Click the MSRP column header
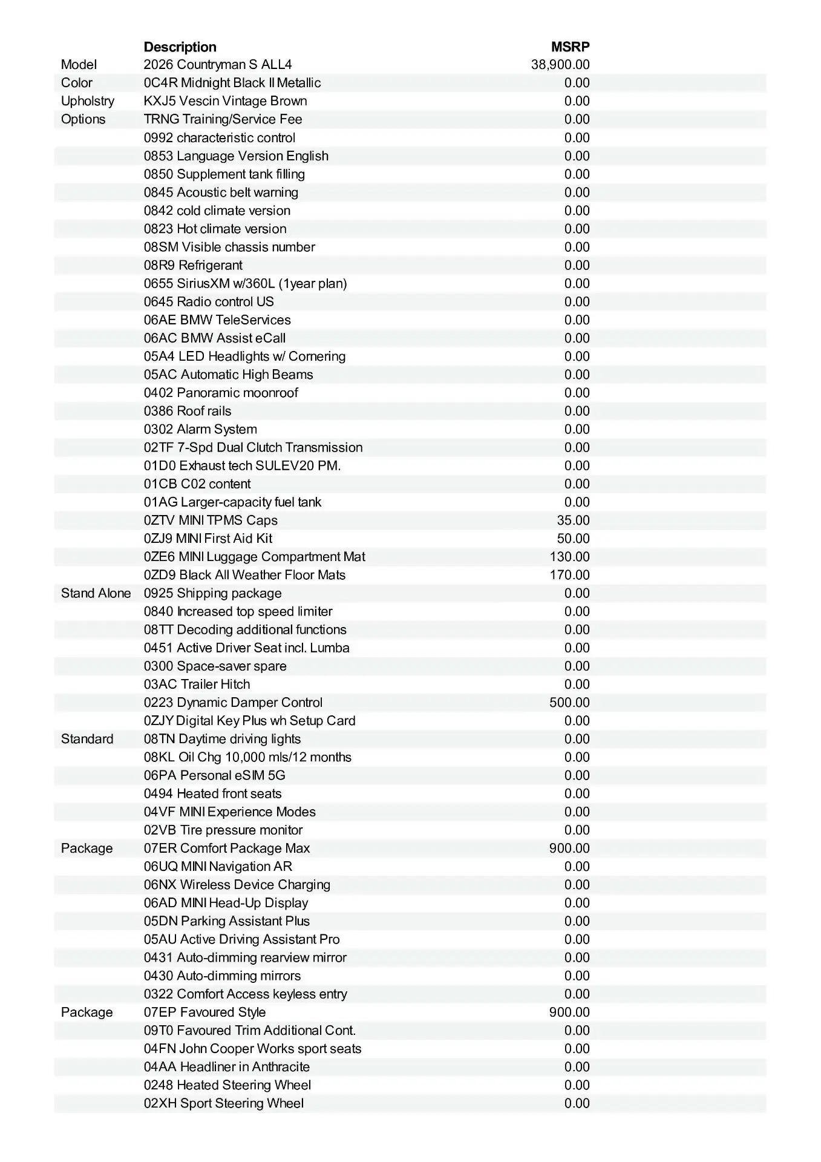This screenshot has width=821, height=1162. tap(570, 47)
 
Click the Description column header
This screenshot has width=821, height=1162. tap(180, 47)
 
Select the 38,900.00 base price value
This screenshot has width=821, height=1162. tap(560, 65)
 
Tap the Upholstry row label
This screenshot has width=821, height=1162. tap(88, 101)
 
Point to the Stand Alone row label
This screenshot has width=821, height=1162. tap(96, 593)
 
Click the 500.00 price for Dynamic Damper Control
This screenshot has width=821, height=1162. tap(569, 703)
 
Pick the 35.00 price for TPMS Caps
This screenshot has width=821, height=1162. tap(573, 520)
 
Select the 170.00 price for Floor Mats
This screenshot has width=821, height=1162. tap(569, 575)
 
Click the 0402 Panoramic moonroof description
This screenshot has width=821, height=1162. tap(221, 393)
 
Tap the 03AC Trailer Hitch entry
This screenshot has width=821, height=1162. tap(197, 684)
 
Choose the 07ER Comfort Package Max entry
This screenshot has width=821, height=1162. tap(227, 849)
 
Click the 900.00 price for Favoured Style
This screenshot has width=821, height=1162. tap(569, 1013)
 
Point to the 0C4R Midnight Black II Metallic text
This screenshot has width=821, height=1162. tap(232, 83)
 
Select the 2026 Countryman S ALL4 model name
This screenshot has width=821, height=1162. tap(218, 65)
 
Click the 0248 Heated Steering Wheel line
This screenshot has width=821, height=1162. tap(227, 1085)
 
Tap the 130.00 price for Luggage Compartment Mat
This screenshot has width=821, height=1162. tap(569, 557)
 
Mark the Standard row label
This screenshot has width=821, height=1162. tap(87, 739)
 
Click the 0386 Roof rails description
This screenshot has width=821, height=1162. tap(188, 411)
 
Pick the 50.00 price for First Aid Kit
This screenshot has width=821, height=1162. tap(573, 539)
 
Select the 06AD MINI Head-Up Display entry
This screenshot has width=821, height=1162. tap(226, 903)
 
